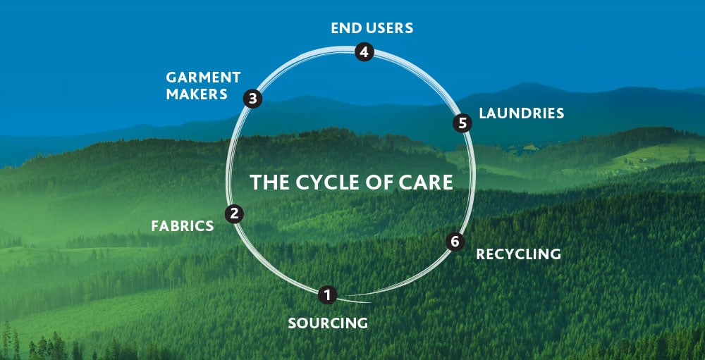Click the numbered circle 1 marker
tap(326, 294)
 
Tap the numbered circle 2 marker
tap(234, 213)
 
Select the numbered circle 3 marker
tap(252, 99)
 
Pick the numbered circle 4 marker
tap(363, 52)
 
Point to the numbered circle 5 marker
tap(462, 123)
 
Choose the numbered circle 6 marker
tap(455, 242)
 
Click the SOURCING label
tap(328, 323)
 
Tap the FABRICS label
tap(182, 226)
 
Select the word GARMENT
tap(203, 77)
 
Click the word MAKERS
tap(197, 94)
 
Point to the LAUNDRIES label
tap(521, 113)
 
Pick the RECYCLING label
tap(518, 254)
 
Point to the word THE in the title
tap(266, 182)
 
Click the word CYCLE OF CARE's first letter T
tap(255, 182)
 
